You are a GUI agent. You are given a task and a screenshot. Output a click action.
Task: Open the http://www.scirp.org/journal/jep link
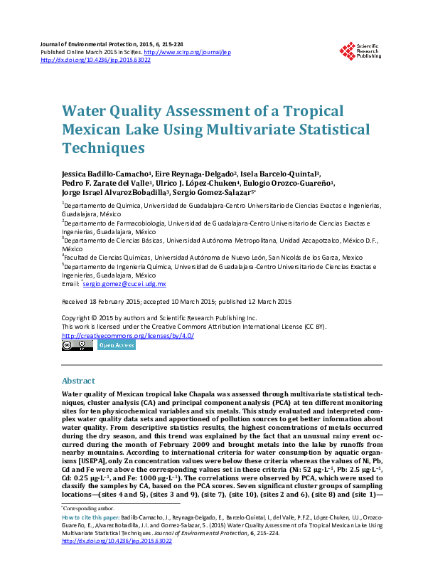coord(187,53)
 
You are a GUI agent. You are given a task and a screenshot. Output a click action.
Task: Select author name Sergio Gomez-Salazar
coord(212,192)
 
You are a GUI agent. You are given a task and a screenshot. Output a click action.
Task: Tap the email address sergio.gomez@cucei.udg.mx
coord(125,283)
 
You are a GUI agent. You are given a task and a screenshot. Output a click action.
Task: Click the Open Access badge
coord(116,346)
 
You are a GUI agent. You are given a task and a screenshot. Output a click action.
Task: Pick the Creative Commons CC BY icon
coord(77,346)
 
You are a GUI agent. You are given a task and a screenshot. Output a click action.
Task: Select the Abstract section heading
coord(77,381)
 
